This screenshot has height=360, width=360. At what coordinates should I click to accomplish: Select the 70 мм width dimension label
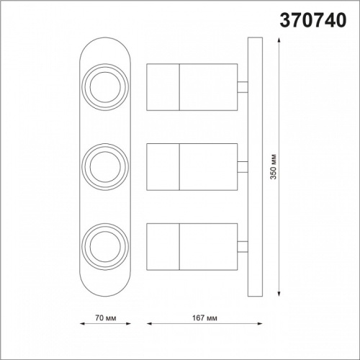click(105, 318)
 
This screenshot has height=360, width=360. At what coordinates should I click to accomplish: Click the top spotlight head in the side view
click(192, 87)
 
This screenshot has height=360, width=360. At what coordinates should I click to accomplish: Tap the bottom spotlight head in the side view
click(192, 248)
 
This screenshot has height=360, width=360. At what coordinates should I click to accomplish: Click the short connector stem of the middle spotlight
click(242, 168)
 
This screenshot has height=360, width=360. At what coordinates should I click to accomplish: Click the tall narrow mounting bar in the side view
click(252, 170)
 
